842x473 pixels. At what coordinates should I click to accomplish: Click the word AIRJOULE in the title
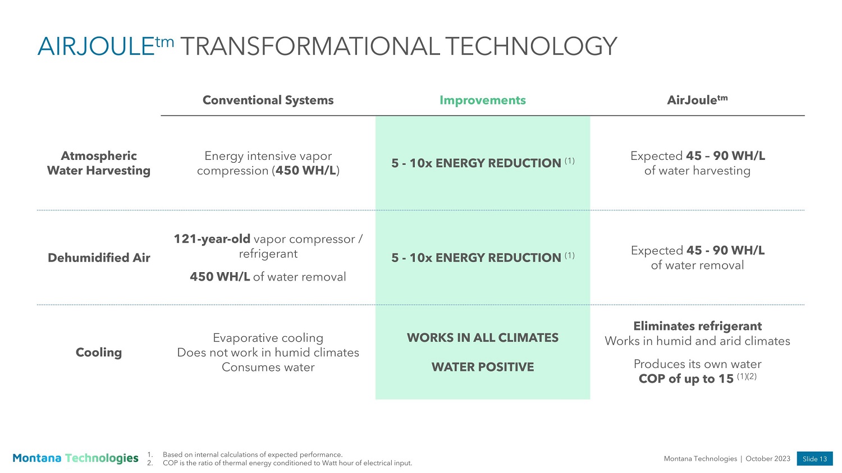(96, 47)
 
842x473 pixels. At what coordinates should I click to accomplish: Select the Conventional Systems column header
(268, 100)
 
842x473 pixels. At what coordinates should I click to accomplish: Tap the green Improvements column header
(483, 100)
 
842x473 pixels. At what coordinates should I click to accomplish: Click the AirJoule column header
(697, 100)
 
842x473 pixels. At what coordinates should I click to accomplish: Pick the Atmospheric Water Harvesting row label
(98, 163)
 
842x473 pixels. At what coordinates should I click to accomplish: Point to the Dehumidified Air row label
(99, 258)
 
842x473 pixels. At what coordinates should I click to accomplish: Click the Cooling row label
(98, 352)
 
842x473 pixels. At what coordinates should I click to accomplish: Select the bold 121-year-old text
(212, 239)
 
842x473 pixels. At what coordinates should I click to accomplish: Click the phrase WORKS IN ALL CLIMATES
(483, 338)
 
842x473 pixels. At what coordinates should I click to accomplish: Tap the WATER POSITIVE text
(483, 367)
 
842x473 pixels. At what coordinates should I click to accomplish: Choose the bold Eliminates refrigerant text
(698, 326)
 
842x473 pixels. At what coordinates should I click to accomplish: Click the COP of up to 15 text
(686, 379)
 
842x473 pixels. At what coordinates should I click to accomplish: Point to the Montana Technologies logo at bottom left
(76, 458)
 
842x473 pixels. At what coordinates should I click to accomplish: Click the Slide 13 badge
(814, 459)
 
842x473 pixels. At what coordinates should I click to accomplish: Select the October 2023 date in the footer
(768, 459)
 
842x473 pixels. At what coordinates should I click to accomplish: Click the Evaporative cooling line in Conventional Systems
(268, 338)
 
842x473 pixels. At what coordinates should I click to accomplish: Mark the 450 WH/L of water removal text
(268, 277)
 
